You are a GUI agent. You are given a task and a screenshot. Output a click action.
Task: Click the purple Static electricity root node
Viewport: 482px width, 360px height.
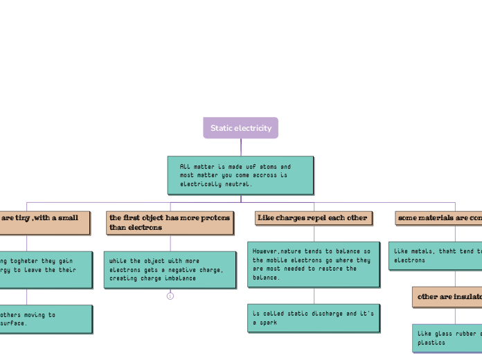(240, 128)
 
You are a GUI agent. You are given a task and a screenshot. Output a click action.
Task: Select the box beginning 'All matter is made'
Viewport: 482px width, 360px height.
(240, 175)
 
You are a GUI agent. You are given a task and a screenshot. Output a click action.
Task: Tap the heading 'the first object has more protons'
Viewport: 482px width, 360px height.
(170, 222)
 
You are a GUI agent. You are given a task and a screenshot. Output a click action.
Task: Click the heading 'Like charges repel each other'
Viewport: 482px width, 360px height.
(313, 218)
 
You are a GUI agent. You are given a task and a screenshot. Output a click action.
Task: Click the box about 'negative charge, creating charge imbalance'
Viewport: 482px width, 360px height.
(170, 270)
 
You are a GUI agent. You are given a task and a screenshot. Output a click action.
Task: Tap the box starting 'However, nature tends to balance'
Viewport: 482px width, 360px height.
(313, 264)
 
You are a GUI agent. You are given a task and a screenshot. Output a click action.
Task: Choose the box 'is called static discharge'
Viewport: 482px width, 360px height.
(313, 318)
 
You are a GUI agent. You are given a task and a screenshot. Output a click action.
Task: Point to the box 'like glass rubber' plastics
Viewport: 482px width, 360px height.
(447, 338)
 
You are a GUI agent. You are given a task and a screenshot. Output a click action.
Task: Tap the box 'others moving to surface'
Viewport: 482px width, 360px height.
(44, 318)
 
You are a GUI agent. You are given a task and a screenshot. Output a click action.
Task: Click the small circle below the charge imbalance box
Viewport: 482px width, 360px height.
(170, 296)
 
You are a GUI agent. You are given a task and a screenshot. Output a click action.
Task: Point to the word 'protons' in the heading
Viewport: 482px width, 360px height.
(215, 218)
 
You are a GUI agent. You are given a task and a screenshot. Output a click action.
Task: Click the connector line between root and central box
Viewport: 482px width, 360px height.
(241, 147)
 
